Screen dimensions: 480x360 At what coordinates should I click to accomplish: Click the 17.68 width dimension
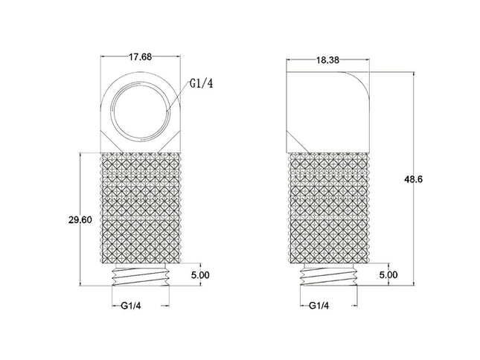point(140,57)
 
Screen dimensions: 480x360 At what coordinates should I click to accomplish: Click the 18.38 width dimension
point(327,60)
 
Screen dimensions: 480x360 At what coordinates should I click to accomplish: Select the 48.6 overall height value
point(413,179)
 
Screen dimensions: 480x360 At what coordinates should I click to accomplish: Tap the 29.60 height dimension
point(80,219)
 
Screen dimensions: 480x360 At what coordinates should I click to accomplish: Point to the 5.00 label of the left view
point(200,275)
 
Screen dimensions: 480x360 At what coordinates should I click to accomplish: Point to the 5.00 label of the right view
point(388,274)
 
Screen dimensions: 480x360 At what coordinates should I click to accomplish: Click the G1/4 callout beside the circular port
point(201,83)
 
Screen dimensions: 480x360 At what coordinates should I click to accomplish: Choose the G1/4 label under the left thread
point(131,306)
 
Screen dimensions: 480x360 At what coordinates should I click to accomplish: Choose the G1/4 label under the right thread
point(319,306)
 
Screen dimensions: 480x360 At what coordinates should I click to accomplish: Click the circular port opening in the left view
point(141,111)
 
